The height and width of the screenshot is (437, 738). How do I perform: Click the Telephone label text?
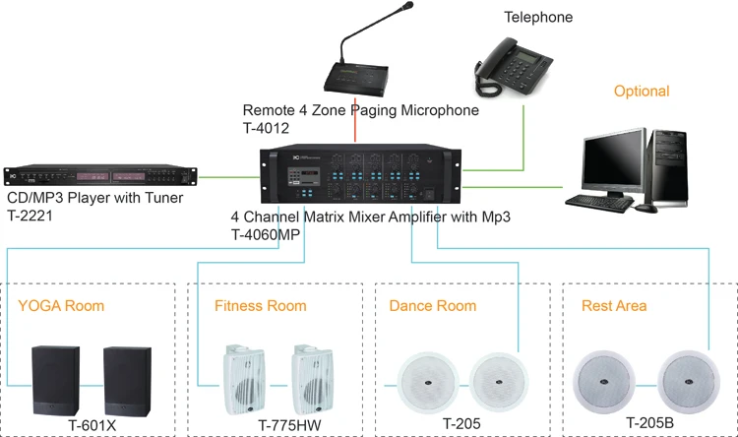[x=538, y=18]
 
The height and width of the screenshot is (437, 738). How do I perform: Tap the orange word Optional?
[x=642, y=92]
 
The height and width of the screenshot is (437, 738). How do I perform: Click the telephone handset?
[x=489, y=59]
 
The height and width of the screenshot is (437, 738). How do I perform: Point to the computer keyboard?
[x=599, y=203]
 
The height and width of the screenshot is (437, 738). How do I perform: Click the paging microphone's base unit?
[x=356, y=78]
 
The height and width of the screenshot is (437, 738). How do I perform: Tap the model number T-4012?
[x=266, y=128]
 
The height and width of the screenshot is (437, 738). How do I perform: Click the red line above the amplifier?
[x=355, y=120]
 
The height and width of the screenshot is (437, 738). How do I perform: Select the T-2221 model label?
[x=30, y=217]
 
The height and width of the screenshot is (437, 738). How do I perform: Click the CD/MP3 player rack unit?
[x=99, y=176]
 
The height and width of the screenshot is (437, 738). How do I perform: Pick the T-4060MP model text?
[x=266, y=234]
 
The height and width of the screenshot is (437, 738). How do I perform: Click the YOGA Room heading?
[x=61, y=306]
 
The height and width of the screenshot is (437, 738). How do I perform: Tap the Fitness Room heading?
[x=261, y=306]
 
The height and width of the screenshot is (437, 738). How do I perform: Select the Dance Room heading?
[x=433, y=306]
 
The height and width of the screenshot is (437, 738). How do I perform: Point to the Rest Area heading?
[x=614, y=306]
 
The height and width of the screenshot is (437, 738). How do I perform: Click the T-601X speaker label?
[x=92, y=426]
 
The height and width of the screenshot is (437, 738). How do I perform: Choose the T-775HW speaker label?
[x=289, y=426]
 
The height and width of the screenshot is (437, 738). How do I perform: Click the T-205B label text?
[x=649, y=423]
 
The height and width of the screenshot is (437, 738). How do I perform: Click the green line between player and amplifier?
[x=228, y=177]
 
